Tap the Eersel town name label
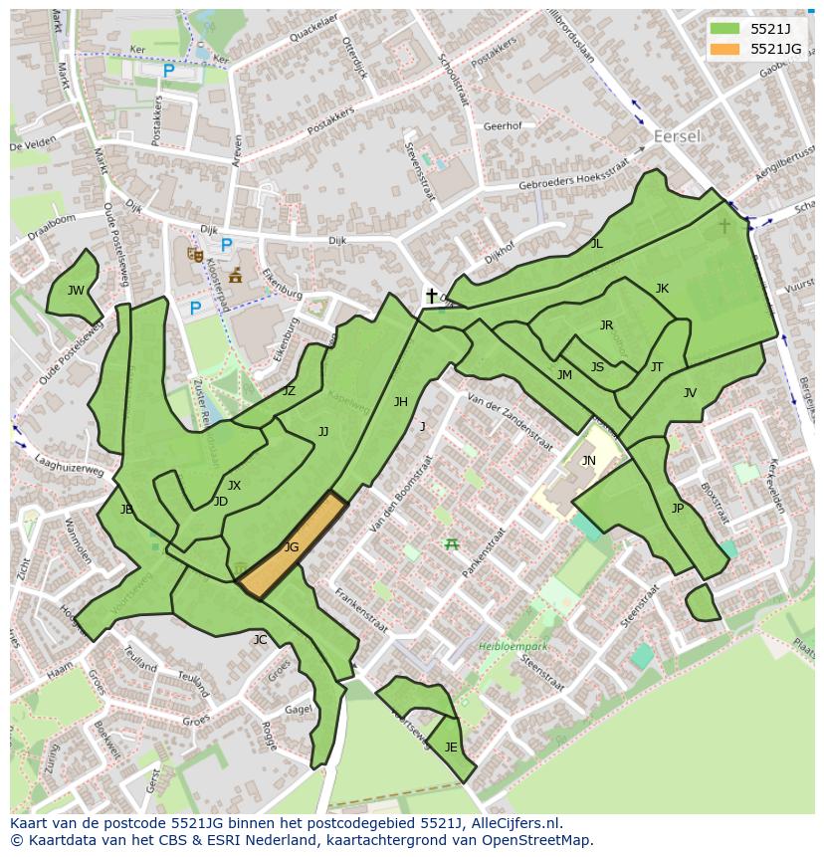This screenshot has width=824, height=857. pos(677,136)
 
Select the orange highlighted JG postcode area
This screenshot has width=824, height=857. pos(292,546)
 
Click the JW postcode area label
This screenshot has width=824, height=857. pos(76,291)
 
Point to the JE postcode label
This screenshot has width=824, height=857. pos(451,748)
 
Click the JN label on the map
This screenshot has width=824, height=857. pos(588,460)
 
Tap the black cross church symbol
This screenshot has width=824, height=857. pos(431,296)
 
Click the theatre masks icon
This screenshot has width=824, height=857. pos(195,255)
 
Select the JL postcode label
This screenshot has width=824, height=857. pos(596,243)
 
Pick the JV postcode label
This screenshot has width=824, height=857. pos(690,393)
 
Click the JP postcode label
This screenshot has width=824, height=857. pos(677,508)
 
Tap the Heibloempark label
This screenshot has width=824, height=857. pos(513,647)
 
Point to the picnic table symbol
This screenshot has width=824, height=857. pos(452,543)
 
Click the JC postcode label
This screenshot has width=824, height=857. pos(260,640)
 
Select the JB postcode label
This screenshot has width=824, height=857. pos(126,510)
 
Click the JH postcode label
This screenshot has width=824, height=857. pos(400,402)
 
